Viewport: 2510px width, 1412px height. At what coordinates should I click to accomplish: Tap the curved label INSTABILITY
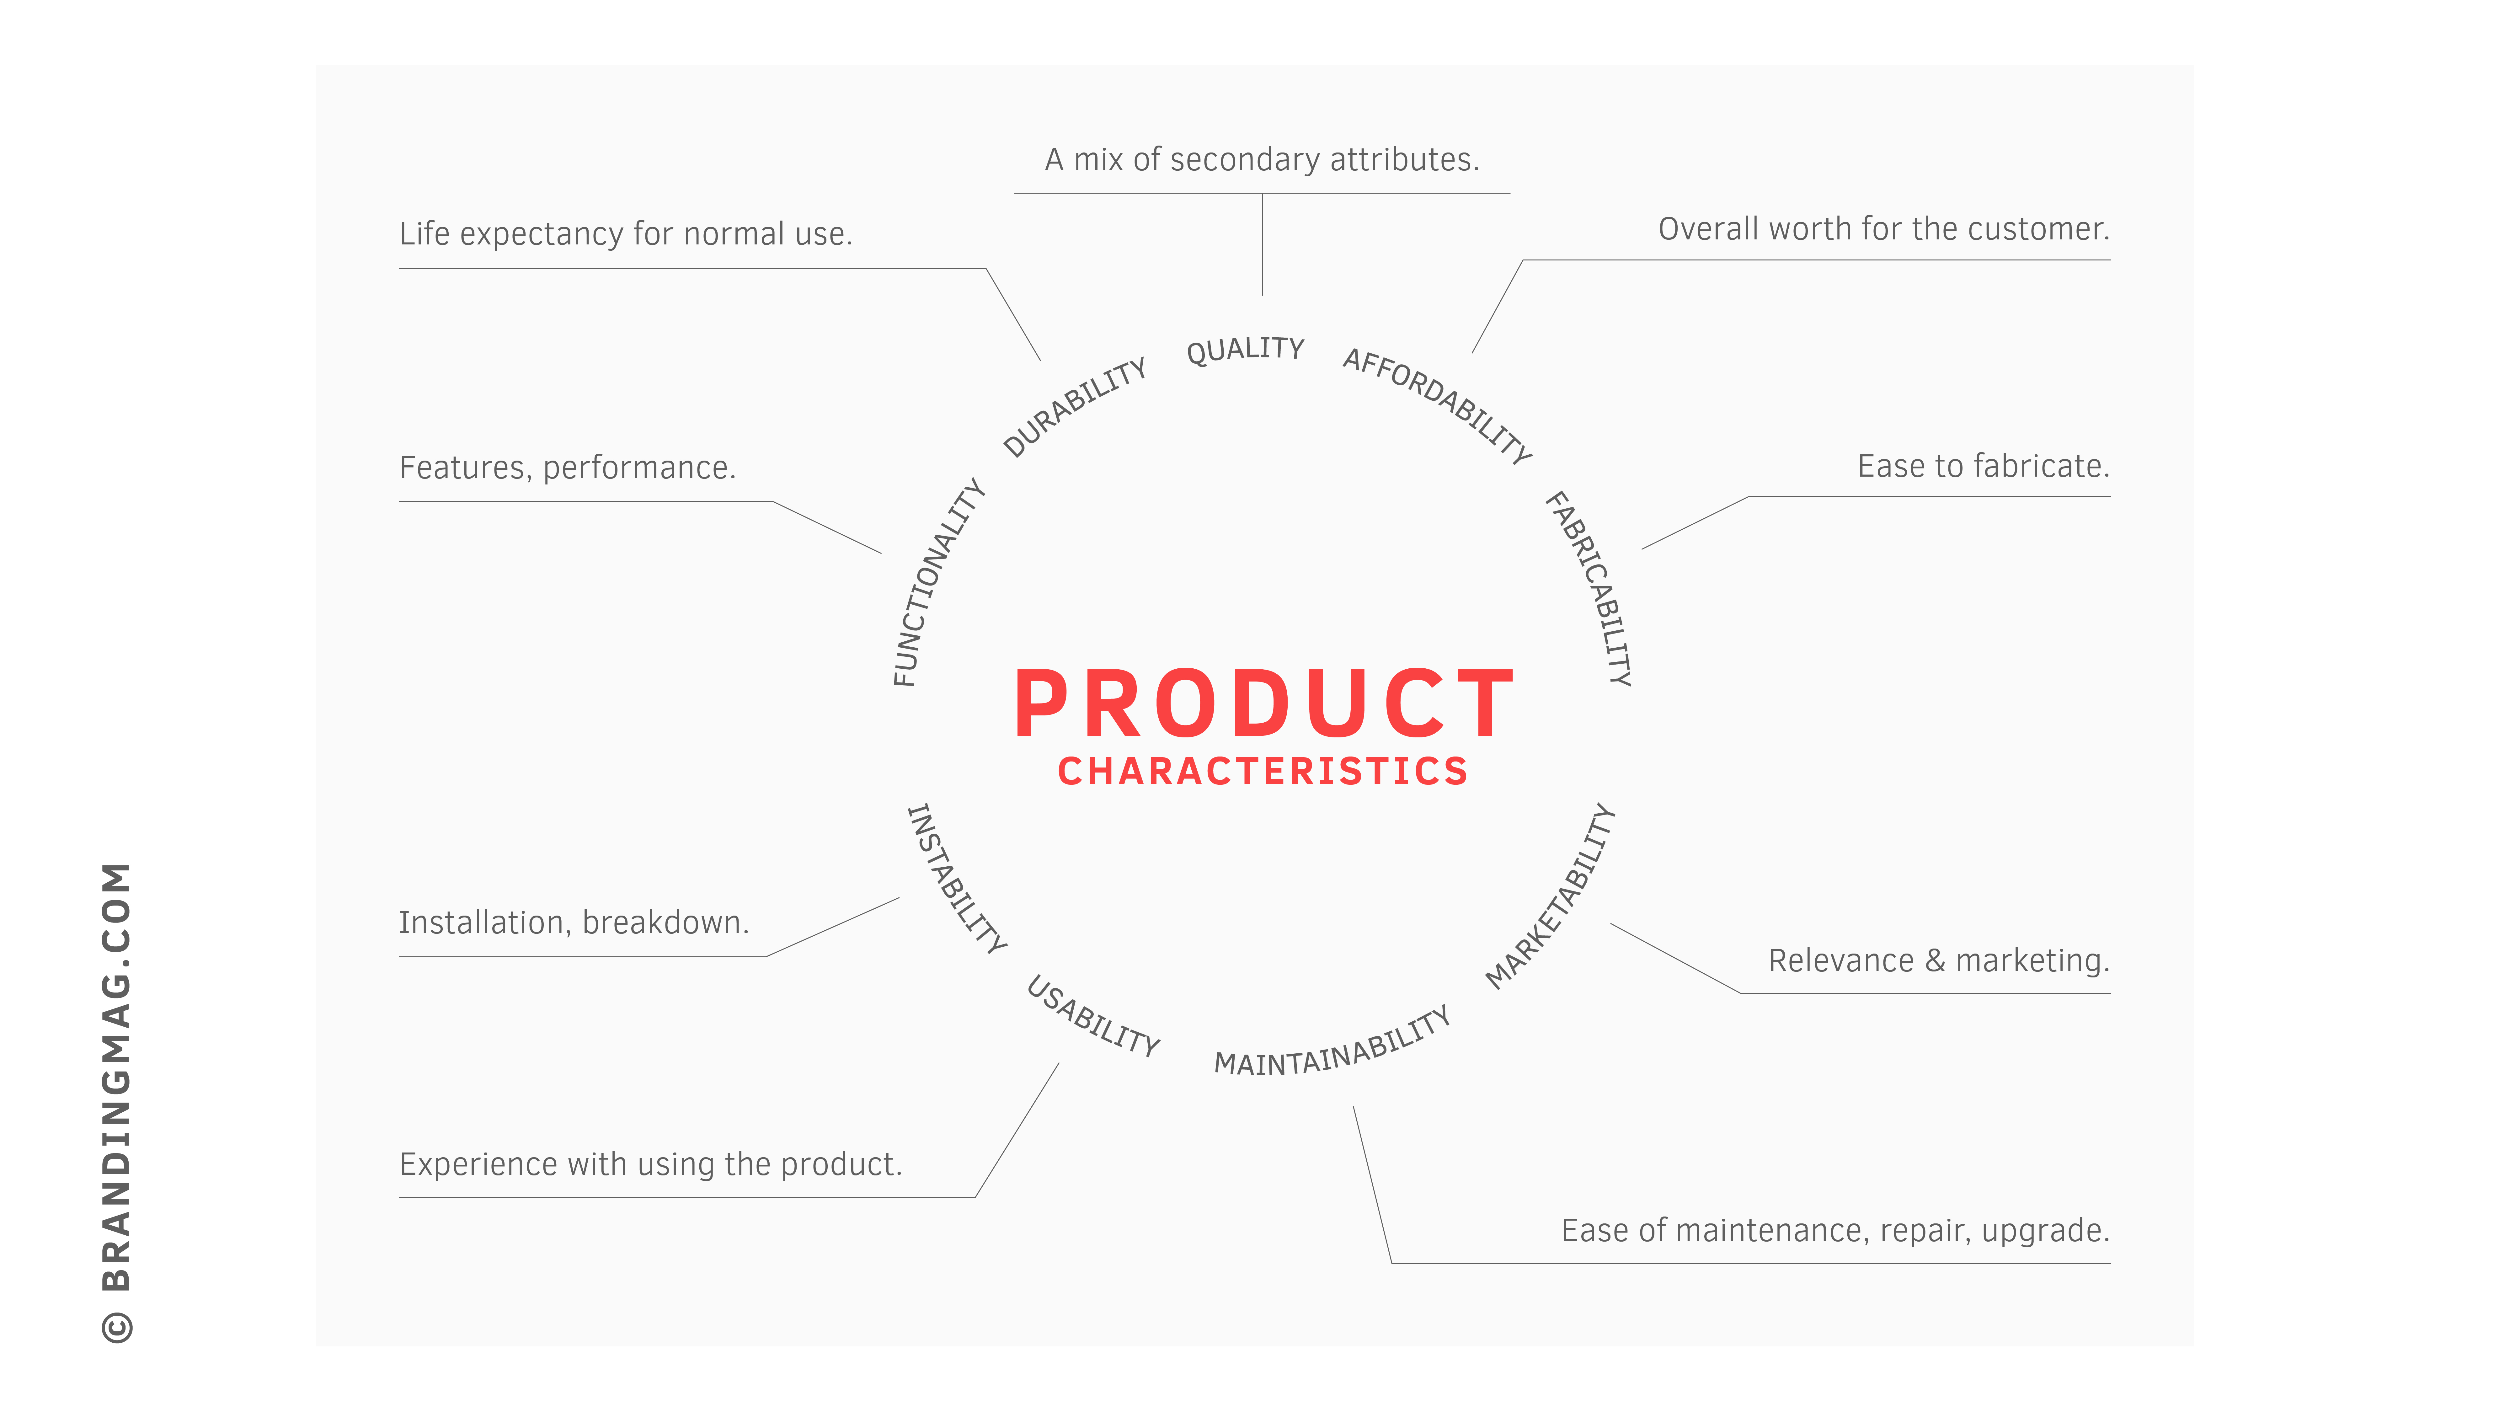click(x=956, y=878)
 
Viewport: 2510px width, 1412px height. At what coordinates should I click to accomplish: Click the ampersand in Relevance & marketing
click(x=1935, y=961)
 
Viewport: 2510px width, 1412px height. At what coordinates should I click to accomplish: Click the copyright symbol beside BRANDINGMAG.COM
click(x=117, y=1327)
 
